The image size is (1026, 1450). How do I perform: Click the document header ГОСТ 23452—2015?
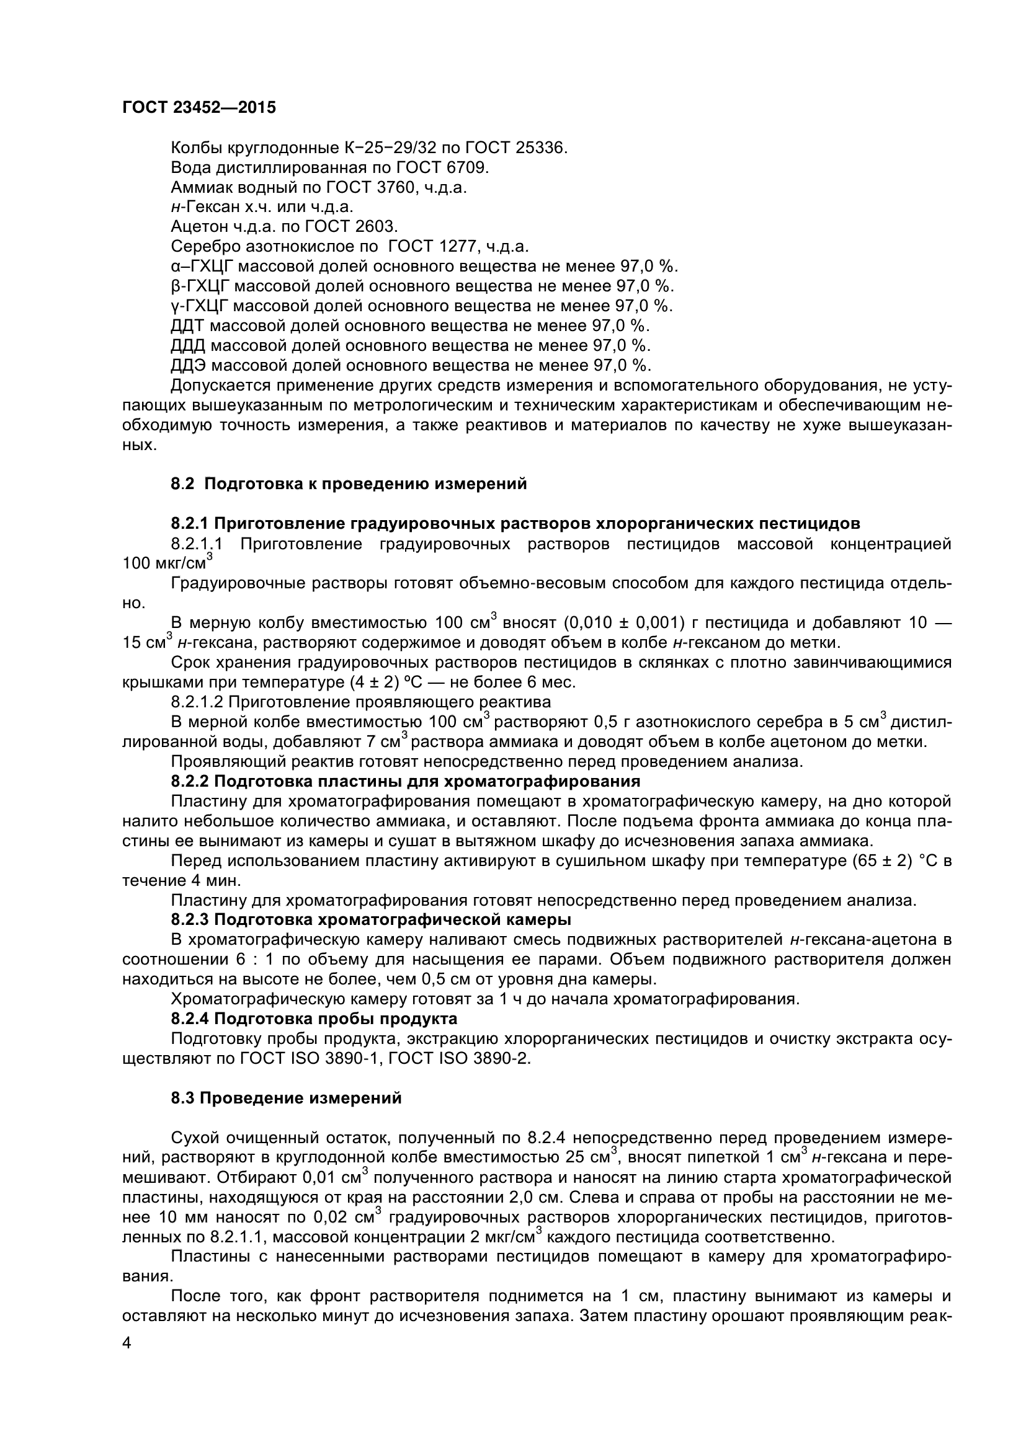199,108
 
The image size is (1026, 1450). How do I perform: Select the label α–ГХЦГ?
200,267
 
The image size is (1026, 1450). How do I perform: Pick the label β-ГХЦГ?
199,286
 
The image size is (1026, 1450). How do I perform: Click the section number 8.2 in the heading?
182,484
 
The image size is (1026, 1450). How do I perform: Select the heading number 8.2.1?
190,524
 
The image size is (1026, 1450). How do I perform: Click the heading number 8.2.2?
190,782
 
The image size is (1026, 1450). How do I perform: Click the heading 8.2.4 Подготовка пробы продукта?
314,1019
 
